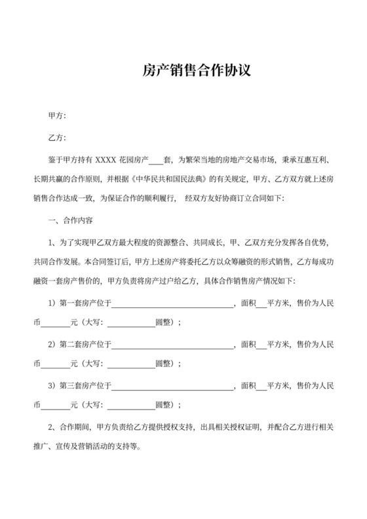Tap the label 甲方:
coord(58,116)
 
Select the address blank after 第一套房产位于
coord(174,305)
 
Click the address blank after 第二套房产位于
coord(174,344)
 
